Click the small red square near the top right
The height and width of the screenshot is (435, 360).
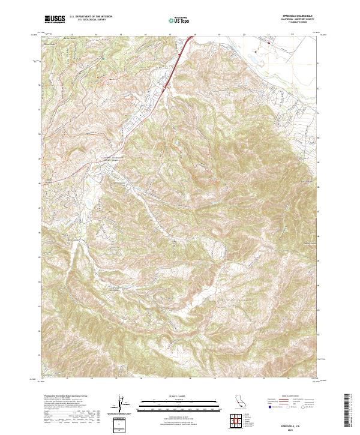(269, 42)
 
